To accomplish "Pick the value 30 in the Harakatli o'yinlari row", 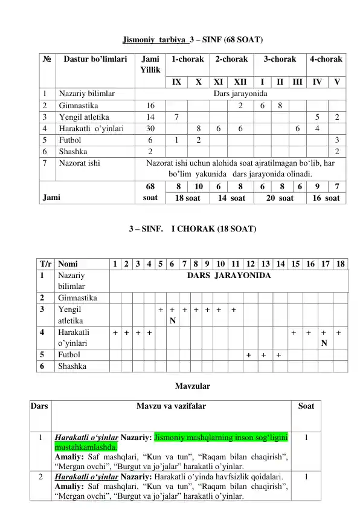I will (150, 128).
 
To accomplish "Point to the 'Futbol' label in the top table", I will (72, 139).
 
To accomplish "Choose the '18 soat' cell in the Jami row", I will (188, 198).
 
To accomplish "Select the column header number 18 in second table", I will (342, 264).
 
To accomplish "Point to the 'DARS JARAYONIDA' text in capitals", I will (229, 276).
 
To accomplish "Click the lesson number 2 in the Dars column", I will (40, 476).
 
